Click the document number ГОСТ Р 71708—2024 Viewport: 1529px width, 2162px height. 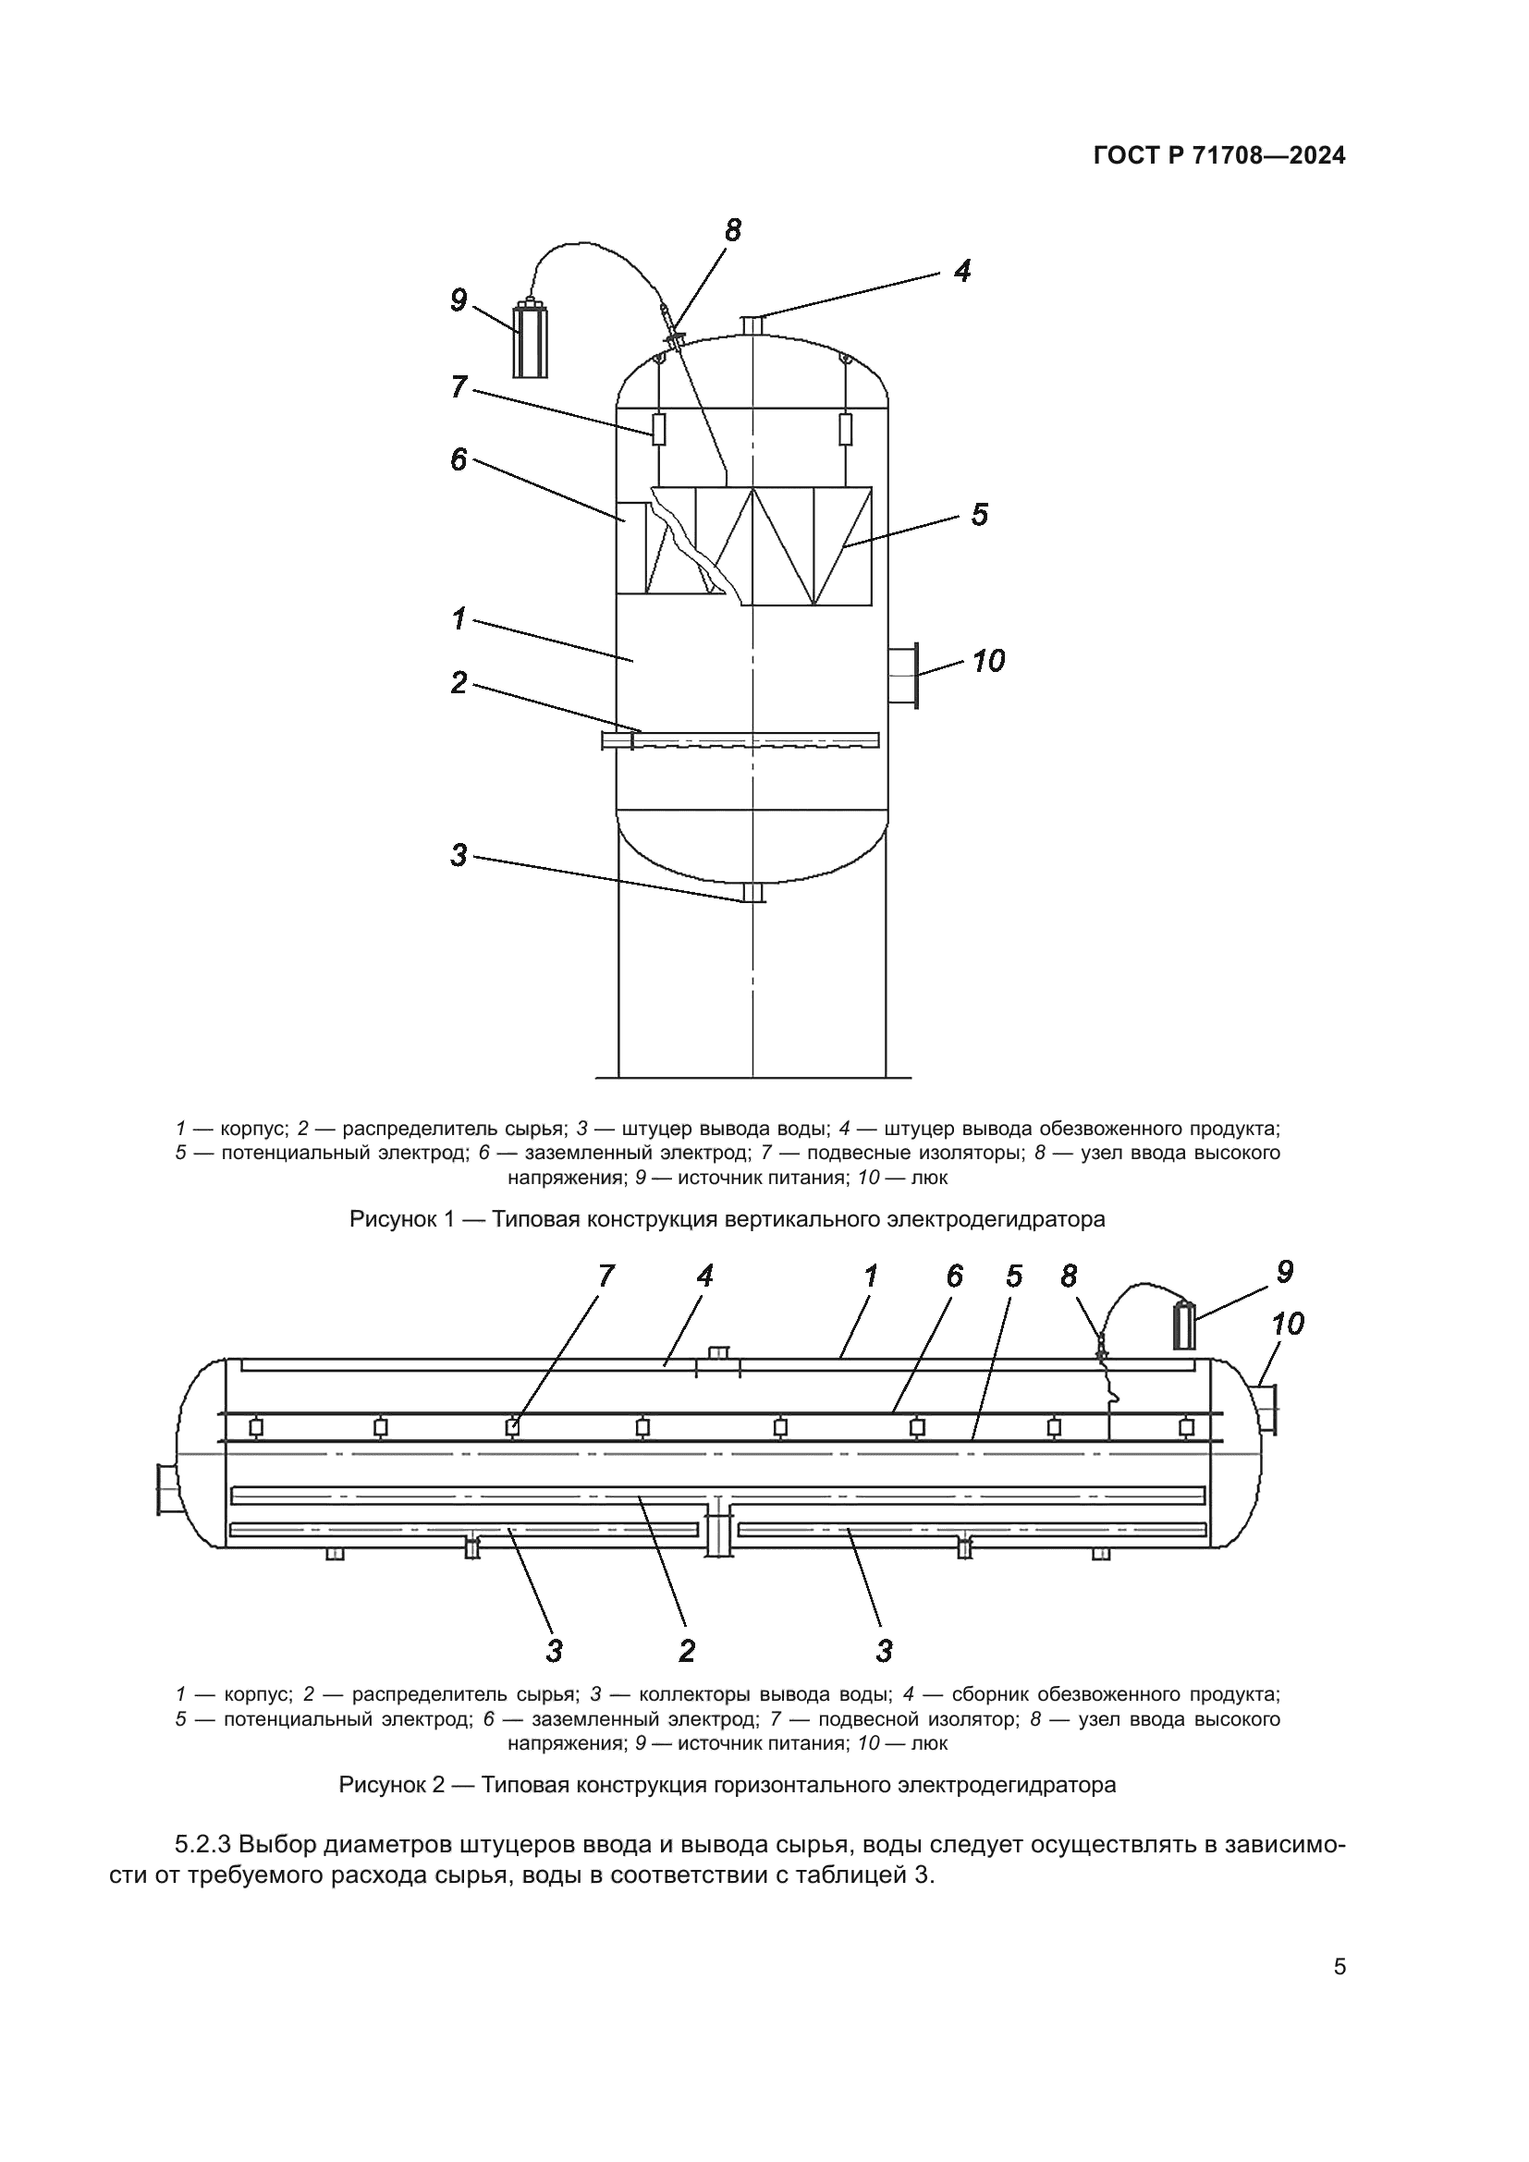[x=1219, y=156]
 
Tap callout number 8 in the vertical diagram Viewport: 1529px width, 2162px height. [x=732, y=230]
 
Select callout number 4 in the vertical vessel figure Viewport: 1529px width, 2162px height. [x=960, y=271]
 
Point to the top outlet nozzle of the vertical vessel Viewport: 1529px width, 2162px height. [x=752, y=324]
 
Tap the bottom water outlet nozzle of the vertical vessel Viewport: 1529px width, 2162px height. [x=752, y=894]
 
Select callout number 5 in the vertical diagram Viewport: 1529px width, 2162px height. [x=979, y=515]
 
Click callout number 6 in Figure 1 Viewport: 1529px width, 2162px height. [x=459, y=459]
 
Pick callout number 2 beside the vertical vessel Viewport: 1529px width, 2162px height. [x=459, y=683]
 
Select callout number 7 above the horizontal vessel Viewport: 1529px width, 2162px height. [x=605, y=1276]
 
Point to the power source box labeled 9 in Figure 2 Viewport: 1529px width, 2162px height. [x=1183, y=1326]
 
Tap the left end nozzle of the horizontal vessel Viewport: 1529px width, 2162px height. [x=169, y=1490]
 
